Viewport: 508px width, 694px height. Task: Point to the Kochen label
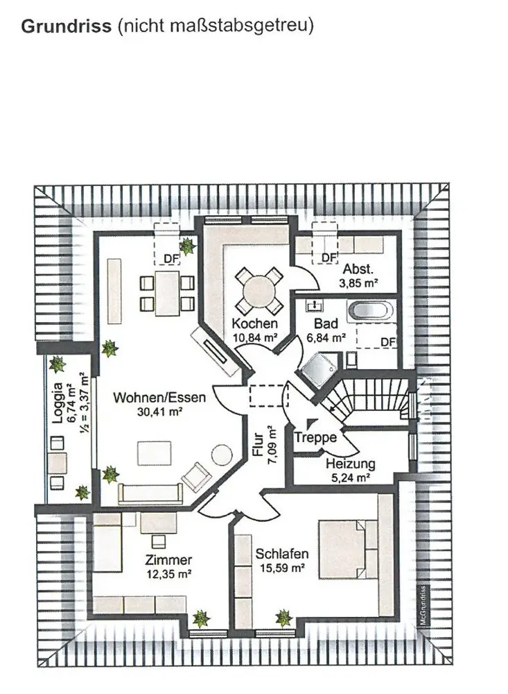(255, 323)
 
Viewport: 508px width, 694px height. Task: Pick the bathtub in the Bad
(370, 310)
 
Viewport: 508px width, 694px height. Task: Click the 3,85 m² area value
(359, 282)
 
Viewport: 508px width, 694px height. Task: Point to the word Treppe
(316, 437)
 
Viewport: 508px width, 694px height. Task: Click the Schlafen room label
(282, 554)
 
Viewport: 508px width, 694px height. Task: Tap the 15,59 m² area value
(282, 568)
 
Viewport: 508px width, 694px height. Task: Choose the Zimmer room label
(168, 560)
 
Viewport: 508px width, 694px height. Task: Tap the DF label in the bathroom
(389, 342)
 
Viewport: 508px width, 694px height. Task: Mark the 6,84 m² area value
(326, 338)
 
